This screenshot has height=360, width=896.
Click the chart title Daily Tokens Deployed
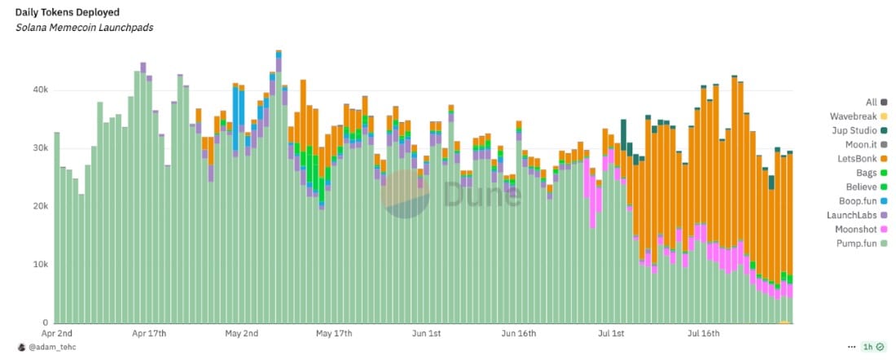point(68,12)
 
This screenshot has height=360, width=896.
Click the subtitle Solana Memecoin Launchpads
point(84,28)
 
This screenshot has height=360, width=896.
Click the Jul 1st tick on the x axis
point(611,334)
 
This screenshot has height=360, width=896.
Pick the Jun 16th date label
point(520,334)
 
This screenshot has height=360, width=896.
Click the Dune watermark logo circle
point(406,195)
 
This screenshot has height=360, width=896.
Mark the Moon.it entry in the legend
point(859,144)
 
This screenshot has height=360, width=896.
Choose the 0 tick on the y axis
point(46,323)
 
